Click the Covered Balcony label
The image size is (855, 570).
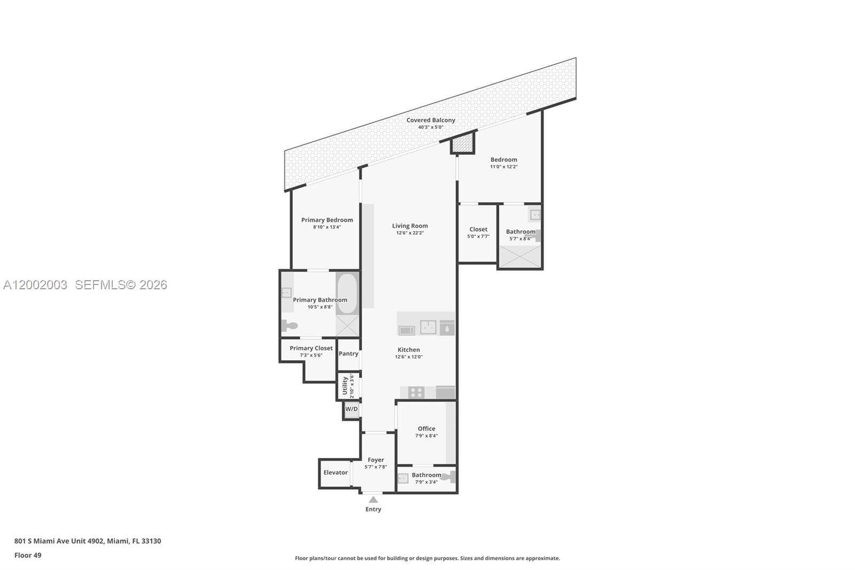pyautogui.click(x=431, y=120)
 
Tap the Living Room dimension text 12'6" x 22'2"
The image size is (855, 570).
pyautogui.click(x=410, y=233)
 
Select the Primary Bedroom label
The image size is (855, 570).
pyautogui.click(x=327, y=220)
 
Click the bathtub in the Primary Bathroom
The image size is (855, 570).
pyautogui.click(x=347, y=294)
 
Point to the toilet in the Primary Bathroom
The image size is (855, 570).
pyautogui.click(x=290, y=325)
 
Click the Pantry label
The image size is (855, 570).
pyautogui.click(x=348, y=353)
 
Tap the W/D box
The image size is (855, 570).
pyautogui.click(x=351, y=409)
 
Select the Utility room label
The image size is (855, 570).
pyautogui.click(x=345, y=385)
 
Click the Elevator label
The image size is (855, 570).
pyautogui.click(x=336, y=473)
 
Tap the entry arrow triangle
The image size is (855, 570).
pyautogui.click(x=374, y=500)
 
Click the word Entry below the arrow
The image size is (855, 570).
pyautogui.click(x=374, y=509)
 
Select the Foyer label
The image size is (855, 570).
pyautogui.click(x=376, y=460)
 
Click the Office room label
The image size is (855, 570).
pyautogui.click(x=426, y=428)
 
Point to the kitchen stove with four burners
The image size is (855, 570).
pyautogui.click(x=416, y=392)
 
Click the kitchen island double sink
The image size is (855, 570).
pyautogui.click(x=428, y=327)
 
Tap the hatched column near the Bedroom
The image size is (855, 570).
pyautogui.click(x=463, y=143)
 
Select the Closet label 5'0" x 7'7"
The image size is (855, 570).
pyautogui.click(x=478, y=229)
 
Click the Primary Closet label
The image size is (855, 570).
pyautogui.click(x=311, y=348)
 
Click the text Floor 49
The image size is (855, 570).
pyautogui.click(x=28, y=555)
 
